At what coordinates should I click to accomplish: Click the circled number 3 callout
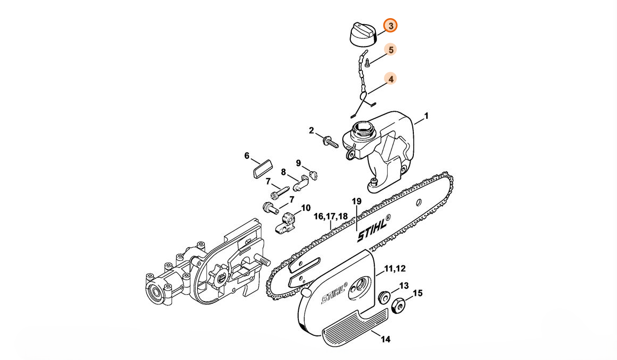click(391, 26)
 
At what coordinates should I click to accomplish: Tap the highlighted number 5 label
click(391, 50)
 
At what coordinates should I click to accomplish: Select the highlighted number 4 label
click(391, 79)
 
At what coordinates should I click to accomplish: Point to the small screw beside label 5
click(368, 62)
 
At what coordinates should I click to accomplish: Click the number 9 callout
click(298, 163)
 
